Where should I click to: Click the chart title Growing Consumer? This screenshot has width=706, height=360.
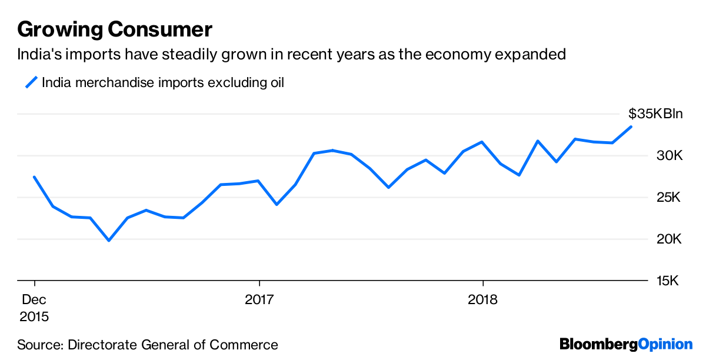(115, 29)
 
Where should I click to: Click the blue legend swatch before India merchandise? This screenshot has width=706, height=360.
(31, 82)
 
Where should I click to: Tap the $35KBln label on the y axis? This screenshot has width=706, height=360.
(655, 114)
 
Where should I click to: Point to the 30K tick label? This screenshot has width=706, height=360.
(668, 156)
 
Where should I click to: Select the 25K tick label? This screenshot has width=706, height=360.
(668, 198)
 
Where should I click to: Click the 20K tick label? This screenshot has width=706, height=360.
(668, 239)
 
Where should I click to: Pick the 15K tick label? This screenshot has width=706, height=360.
(668, 281)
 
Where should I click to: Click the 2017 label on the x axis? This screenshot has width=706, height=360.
(259, 299)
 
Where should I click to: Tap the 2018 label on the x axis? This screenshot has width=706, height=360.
(482, 299)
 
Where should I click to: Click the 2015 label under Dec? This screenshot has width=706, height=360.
(34, 316)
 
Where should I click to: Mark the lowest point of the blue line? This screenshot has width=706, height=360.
(109, 240)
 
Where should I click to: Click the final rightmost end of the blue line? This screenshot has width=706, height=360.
(631, 126)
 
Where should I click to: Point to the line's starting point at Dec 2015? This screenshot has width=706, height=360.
(34, 176)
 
